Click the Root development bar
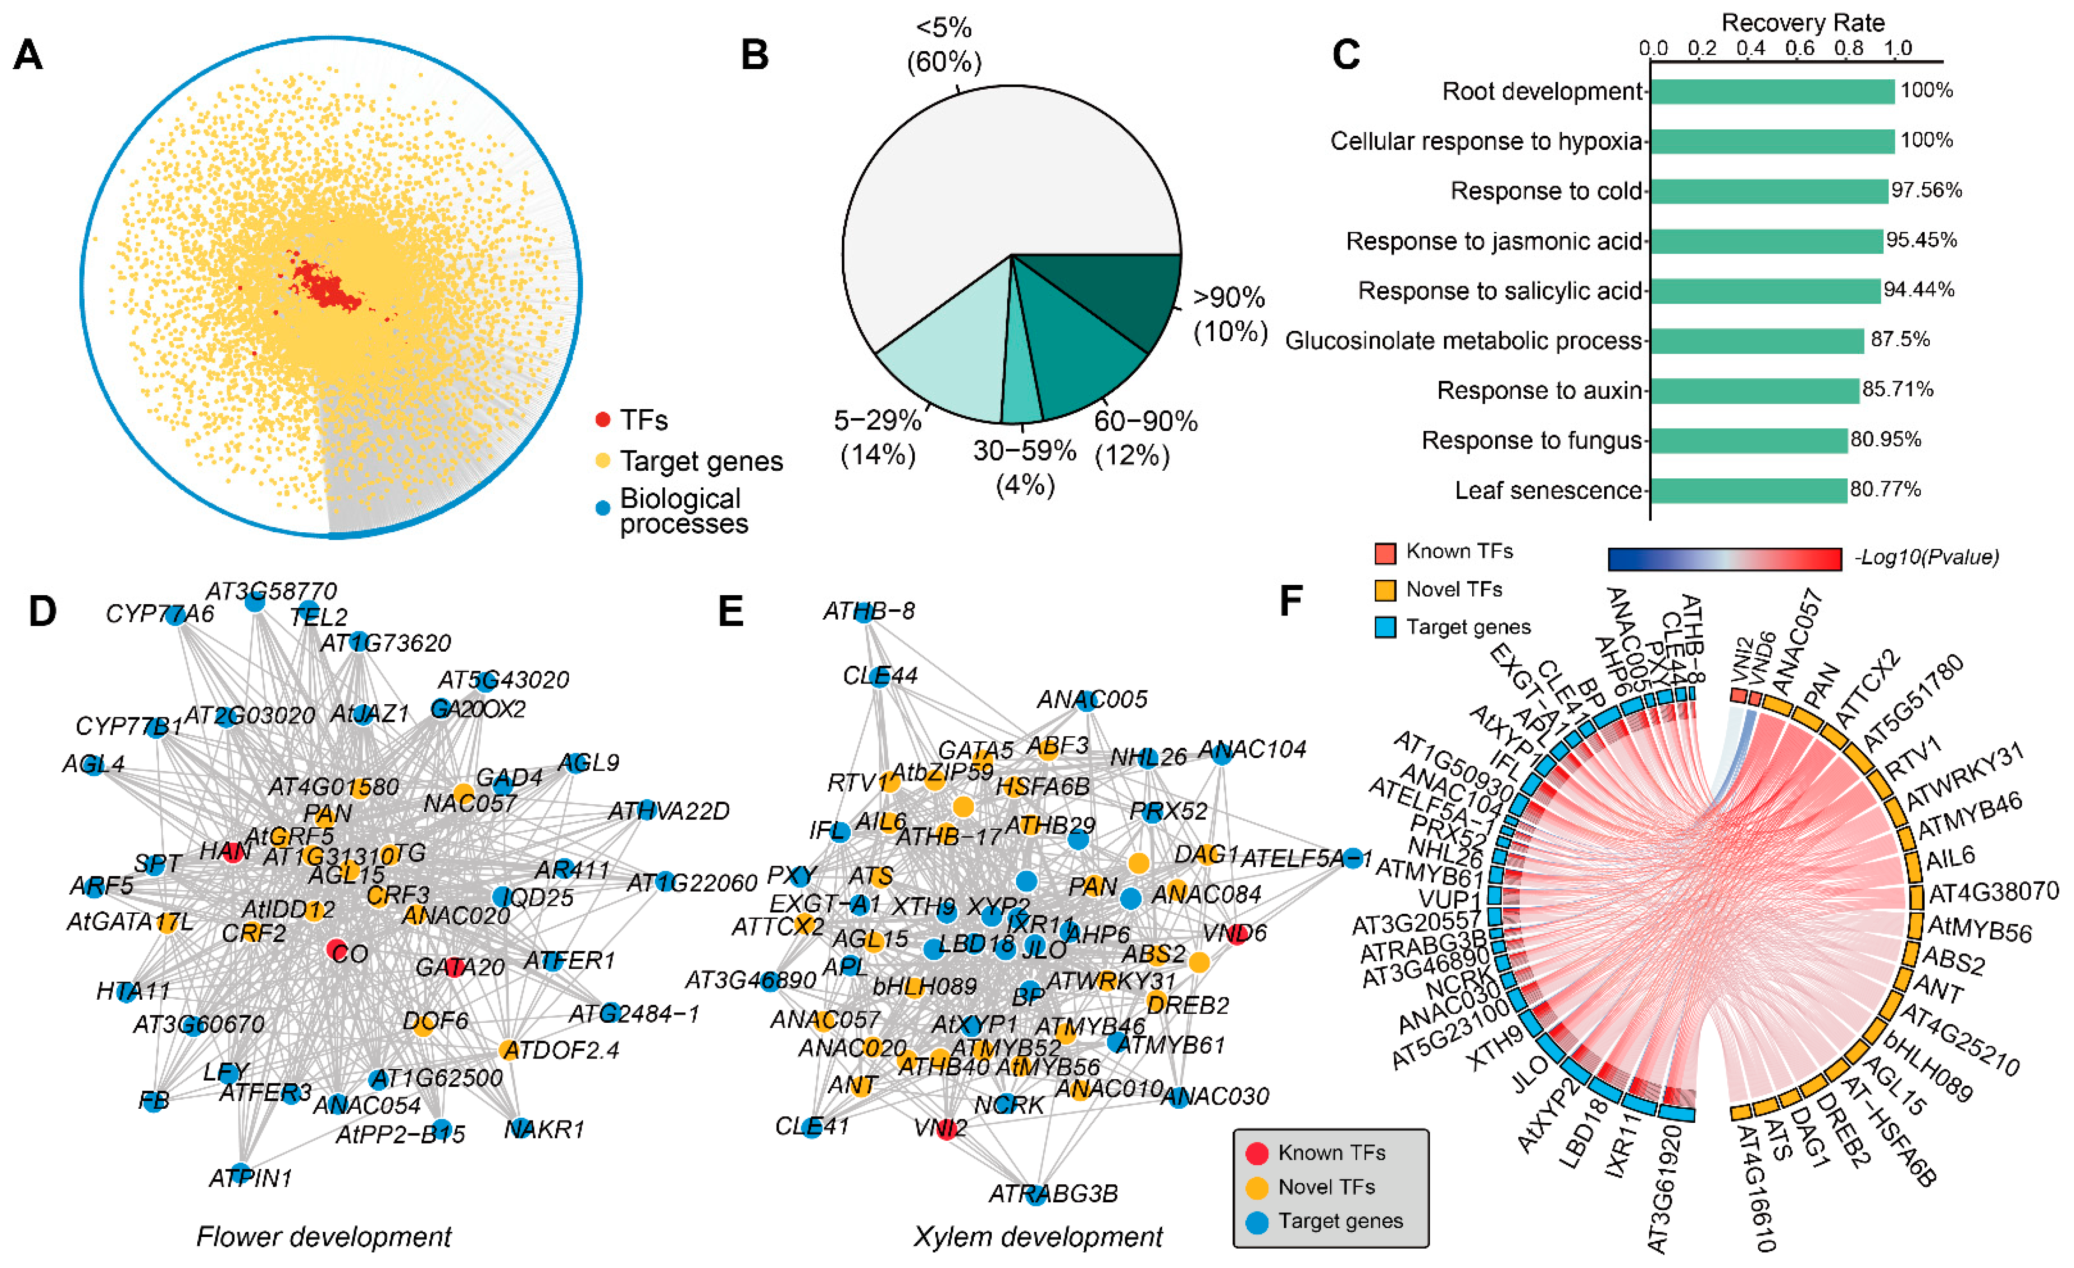(1772, 92)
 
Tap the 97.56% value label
(1926, 190)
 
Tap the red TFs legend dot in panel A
(603, 419)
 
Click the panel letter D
(42, 610)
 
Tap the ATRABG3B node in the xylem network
(1037, 1193)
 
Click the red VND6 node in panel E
(1236, 934)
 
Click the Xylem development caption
(1037, 1237)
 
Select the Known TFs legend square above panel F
(1385, 552)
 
